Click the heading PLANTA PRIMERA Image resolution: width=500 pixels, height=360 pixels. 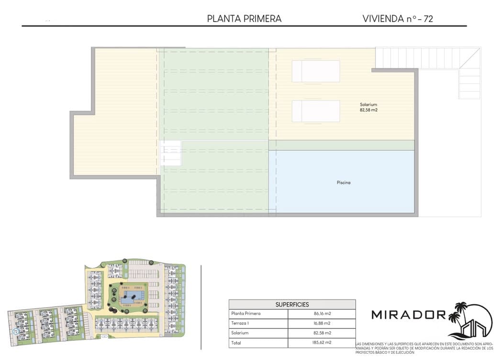pyautogui.click(x=244, y=19)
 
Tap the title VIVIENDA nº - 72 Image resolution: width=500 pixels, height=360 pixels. pyautogui.click(x=398, y=19)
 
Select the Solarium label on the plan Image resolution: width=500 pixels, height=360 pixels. pyautogui.click(x=369, y=104)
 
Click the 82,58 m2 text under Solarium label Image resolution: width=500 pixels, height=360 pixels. pyautogui.click(x=369, y=110)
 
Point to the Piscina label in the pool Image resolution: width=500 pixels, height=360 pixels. pyautogui.click(x=343, y=182)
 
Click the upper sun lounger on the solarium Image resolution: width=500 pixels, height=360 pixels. pyautogui.click(x=316, y=71)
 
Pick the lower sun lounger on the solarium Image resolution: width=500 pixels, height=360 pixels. pyautogui.click(x=316, y=111)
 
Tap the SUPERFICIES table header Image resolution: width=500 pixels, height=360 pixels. pyautogui.click(x=292, y=304)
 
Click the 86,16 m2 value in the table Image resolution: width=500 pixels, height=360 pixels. pyautogui.click(x=322, y=314)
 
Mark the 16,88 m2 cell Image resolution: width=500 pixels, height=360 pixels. pyautogui.click(x=322, y=323)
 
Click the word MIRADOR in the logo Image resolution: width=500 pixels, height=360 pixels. pyautogui.click(x=409, y=315)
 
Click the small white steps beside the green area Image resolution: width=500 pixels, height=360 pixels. pyautogui.click(x=171, y=153)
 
